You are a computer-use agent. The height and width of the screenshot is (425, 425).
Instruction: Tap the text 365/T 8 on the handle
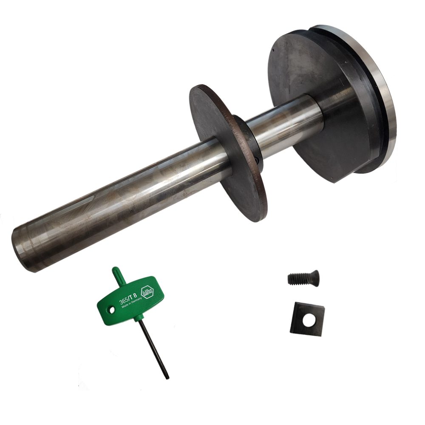[130, 294]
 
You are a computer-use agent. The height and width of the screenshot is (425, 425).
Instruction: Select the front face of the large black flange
[306, 85]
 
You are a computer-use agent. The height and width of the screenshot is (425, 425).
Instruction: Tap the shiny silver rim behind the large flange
[389, 110]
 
